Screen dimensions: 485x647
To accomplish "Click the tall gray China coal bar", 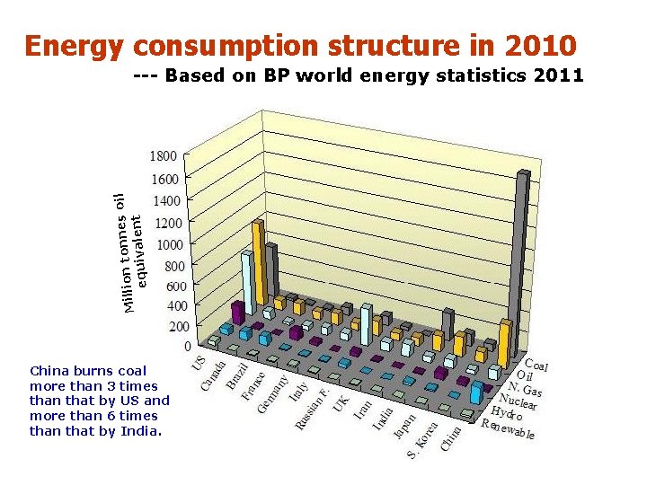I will pos(522,260).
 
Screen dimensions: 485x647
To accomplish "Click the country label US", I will pos(199,362).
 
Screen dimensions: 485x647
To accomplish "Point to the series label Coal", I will pos(536,366).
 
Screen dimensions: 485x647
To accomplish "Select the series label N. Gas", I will pos(525,388).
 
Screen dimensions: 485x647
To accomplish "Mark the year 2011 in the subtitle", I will pos(558,75).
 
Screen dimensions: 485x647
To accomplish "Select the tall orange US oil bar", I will pos(259,260).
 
